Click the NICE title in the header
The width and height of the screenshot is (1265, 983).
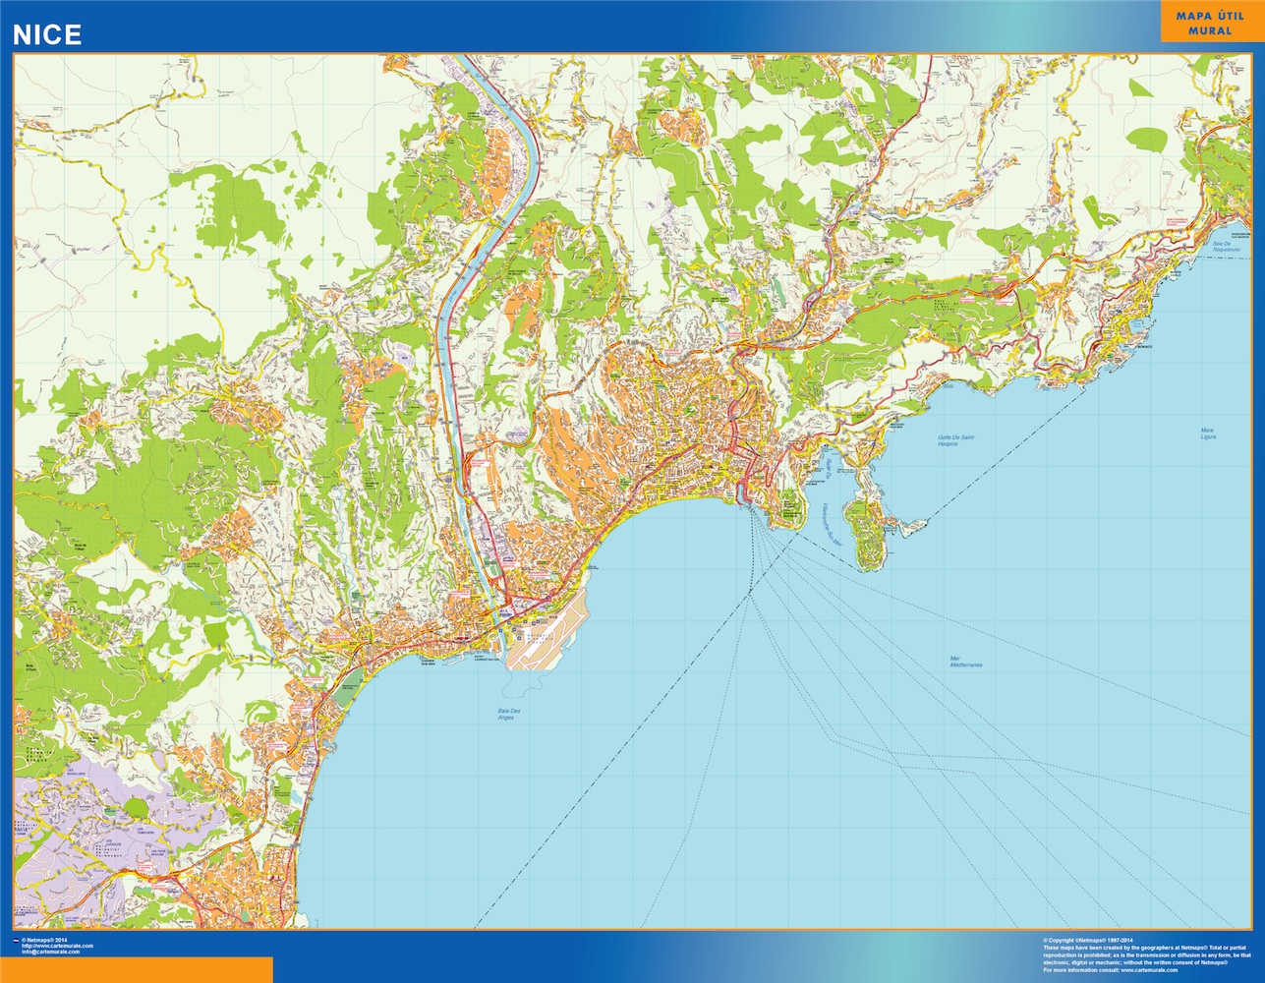pos(46,34)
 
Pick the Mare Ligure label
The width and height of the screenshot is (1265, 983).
pos(1208,433)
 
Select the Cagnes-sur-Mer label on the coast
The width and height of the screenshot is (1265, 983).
pos(429,663)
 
